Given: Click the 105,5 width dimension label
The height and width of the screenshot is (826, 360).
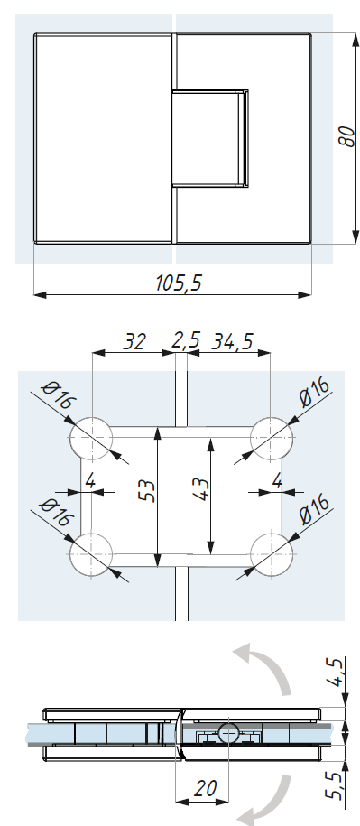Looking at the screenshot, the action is point(179,283).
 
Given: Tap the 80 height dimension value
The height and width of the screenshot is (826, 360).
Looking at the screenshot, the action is point(346,136).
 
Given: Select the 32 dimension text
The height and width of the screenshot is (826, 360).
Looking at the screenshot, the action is point(134,341).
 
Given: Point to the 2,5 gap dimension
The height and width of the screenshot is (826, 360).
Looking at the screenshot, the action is point(186,340).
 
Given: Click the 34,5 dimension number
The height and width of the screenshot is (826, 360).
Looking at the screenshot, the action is point(232,341).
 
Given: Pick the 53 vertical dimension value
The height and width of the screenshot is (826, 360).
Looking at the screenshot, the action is point(147,490).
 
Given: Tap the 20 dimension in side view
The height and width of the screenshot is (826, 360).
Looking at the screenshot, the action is point(205,789).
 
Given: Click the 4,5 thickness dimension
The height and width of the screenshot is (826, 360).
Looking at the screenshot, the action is point(337,673).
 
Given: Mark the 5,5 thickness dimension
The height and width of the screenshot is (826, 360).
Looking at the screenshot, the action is point(336,784).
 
